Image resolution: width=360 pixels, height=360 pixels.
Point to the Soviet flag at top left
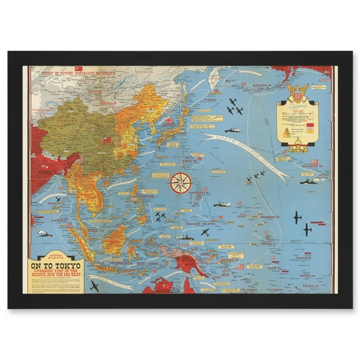(78, 68)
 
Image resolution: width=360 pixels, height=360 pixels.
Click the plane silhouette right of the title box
(94, 286)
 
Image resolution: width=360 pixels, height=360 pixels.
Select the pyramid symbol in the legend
(286, 132)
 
